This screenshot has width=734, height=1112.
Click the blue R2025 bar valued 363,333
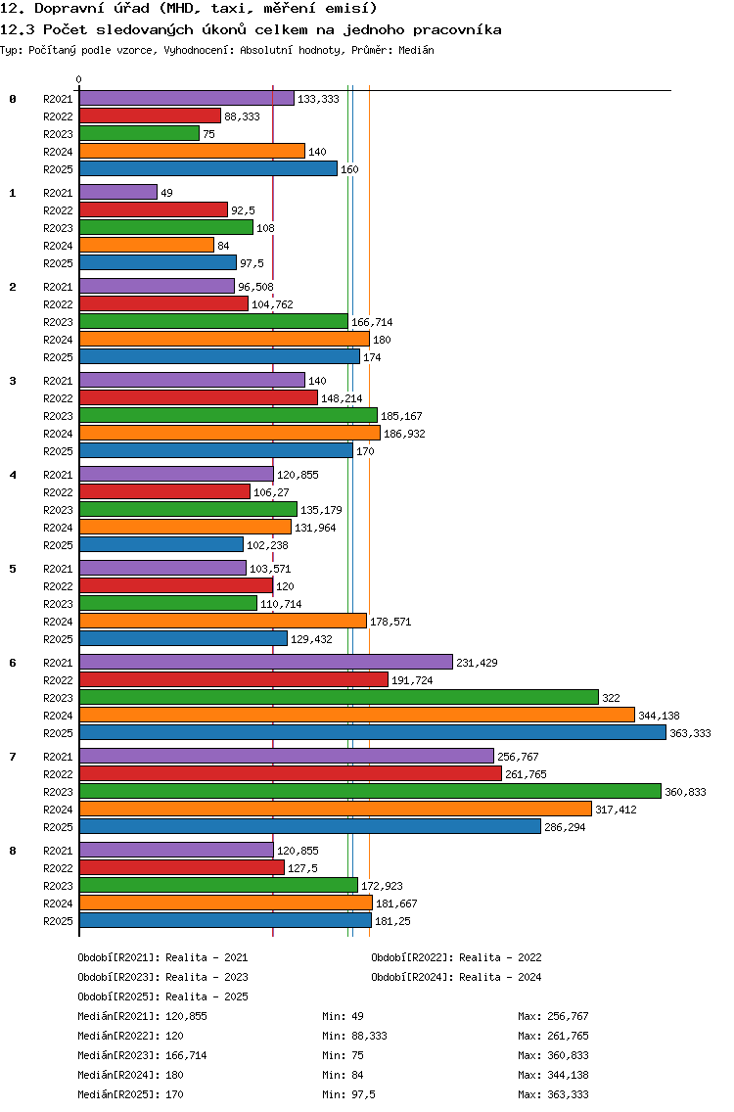[373, 732]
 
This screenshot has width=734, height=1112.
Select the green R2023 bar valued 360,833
[370, 792]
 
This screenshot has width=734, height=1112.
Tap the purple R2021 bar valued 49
[118, 192]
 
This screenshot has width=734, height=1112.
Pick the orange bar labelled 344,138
[357, 715]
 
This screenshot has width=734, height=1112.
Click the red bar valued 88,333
[151, 116]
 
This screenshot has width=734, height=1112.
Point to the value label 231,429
[477, 663]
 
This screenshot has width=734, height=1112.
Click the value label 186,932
[404, 434]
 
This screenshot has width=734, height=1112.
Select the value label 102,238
[267, 545]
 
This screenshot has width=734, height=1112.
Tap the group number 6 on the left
[13, 663]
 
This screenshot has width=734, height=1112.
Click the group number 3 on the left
[13, 381]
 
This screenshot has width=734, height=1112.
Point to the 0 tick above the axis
[78, 79]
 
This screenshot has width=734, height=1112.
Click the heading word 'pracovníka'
[457, 29]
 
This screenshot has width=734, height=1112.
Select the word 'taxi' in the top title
[227, 9]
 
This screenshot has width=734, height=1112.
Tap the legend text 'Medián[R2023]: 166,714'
[143, 1055]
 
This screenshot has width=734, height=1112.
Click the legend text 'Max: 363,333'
[553, 1094]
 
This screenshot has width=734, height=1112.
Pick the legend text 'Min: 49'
[343, 1016]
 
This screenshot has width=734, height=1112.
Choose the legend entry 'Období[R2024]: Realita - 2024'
[456, 977]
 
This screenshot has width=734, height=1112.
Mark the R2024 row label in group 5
[58, 622]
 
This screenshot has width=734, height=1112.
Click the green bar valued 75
[140, 133]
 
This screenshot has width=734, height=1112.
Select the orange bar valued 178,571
[223, 622]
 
